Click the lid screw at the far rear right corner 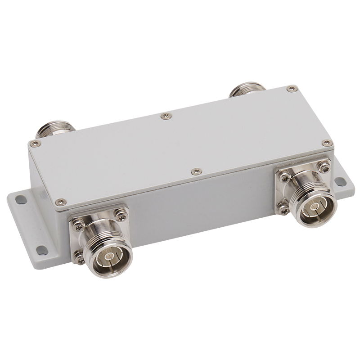click(292, 89)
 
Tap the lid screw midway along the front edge click(196, 171)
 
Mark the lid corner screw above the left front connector click(61, 202)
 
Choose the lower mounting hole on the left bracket click(41, 248)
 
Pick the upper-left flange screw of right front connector click(284, 174)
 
